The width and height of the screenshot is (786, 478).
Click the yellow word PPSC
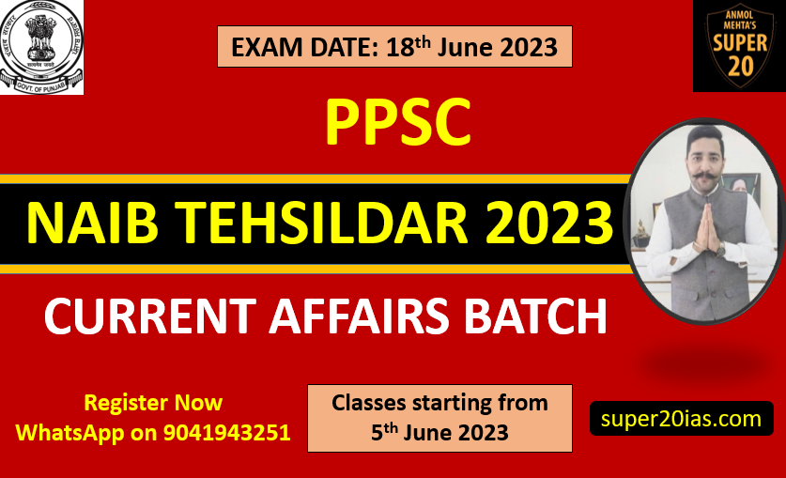click(398, 122)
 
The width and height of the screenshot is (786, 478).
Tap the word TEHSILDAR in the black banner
click(324, 222)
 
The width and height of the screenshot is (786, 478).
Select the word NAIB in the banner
click(93, 222)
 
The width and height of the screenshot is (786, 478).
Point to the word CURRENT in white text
click(150, 316)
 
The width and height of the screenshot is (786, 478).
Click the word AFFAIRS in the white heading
click(359, 316)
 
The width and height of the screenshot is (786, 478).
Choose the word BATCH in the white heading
click(535, 316)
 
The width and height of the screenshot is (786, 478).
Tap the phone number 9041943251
click(227, 432)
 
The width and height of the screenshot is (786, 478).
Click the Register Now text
click(153, 402)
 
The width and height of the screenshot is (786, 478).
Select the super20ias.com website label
click(681, 419)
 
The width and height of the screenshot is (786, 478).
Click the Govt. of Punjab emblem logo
click(41, 47)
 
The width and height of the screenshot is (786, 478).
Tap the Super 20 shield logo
click(739, 46)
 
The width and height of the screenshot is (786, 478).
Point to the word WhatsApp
click(69, 433)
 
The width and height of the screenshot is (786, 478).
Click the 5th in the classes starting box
click(384, 432)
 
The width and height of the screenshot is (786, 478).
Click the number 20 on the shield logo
click(740, 66)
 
